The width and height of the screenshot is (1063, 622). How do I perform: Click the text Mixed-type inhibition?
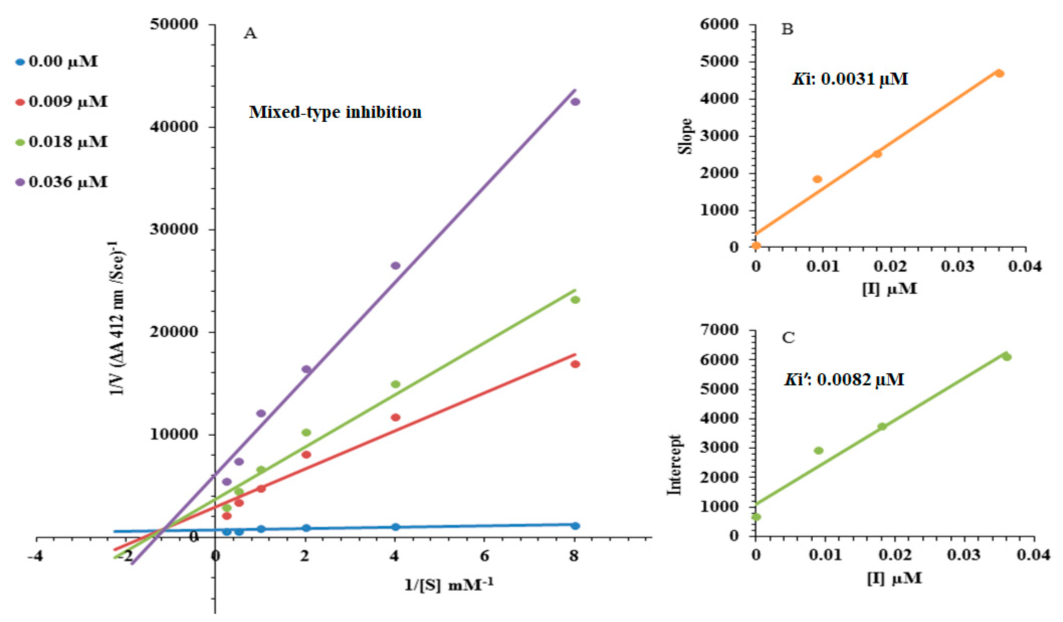click(x=335, y=112)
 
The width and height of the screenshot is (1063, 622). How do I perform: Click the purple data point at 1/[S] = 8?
click(x=575, y=102)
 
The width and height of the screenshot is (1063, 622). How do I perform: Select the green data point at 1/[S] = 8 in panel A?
click(x=575, y=300)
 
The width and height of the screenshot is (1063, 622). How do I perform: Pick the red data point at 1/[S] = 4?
click(x=395, y=418)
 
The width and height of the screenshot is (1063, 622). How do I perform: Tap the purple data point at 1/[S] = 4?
click(x=395, y=266)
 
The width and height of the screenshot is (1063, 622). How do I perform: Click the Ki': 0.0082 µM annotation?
click(x=844, y=380)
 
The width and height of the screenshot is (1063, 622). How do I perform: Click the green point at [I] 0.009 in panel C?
click(x=819, y=450)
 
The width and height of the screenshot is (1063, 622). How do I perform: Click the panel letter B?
click(x=787, y=29)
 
